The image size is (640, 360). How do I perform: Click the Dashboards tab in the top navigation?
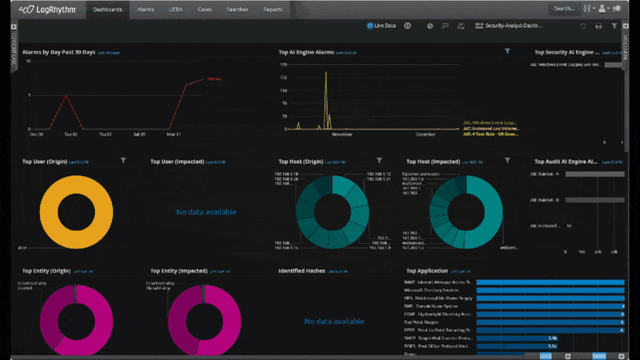(107, 9)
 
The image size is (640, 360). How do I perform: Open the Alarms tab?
(146, 9)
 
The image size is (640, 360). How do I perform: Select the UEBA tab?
(176, 9)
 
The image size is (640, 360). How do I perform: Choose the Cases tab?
(204, 9)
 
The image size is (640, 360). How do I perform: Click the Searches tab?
(237, 9)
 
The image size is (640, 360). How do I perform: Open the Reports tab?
(272, 9)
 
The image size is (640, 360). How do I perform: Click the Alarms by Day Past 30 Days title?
(58, 52)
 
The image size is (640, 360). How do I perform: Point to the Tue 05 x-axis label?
(71, 134)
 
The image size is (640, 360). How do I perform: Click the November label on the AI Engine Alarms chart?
(342, 134)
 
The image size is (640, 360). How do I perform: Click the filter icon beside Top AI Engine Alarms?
(507, 51)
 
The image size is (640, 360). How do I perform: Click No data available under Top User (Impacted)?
(206, 212)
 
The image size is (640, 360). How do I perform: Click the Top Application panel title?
(427, 271)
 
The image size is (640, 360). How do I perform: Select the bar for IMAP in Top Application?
(550, 282)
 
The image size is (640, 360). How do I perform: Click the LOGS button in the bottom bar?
(546, 356)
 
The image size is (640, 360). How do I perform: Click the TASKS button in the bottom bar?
(599, 356)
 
